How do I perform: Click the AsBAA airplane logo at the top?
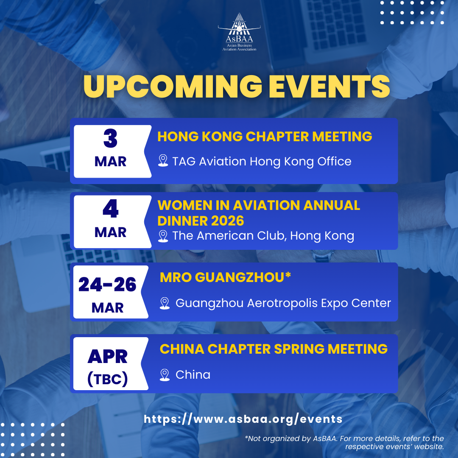coord(239,32)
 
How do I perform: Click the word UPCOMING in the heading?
coord(173,87)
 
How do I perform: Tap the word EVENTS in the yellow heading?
coord(329,87)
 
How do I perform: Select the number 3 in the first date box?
coord(110,138)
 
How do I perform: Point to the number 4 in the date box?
coord(110,209)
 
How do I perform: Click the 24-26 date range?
coord(107,285)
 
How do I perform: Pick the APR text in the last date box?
coord(107,357)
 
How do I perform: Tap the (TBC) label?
coord(107,379)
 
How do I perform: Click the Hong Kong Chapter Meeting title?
coord(265,137)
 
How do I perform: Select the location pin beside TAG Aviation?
coord(163,161)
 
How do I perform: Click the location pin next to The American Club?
coord(163,236)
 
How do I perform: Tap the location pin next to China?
coord(165,375)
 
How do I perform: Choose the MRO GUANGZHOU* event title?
coord(225,277)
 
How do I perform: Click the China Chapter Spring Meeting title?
coord(274,349)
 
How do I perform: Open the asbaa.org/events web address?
coord(243,419)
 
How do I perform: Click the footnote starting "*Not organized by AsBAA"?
coord(344,442)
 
